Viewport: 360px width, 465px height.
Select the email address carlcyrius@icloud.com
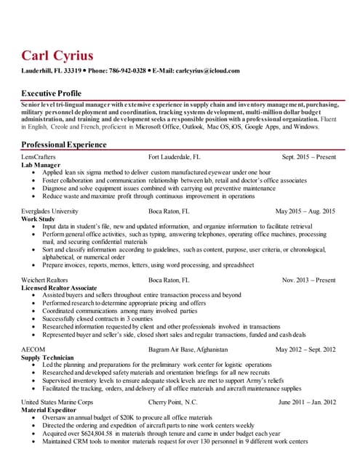[x=207, y=71]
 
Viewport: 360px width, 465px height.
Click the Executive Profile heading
[x=51, y=94]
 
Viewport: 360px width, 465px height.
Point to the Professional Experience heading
[x=64, y=145]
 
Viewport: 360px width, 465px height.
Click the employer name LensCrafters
[x=39, y=157]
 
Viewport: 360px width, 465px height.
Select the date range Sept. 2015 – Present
[x=308, y=157]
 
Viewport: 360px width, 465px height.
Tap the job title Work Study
[x=38, y=219]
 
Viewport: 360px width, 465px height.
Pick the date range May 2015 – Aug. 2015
[x=305, y=211]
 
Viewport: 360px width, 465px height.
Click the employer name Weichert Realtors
[x=46, y=280]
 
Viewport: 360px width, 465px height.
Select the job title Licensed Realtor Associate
[x=60, y=288]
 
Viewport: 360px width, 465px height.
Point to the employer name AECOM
[x=33, y=349]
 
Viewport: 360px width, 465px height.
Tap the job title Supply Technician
[x=47, y=357]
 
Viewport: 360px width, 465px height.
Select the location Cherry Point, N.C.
[x=172, y=403]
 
